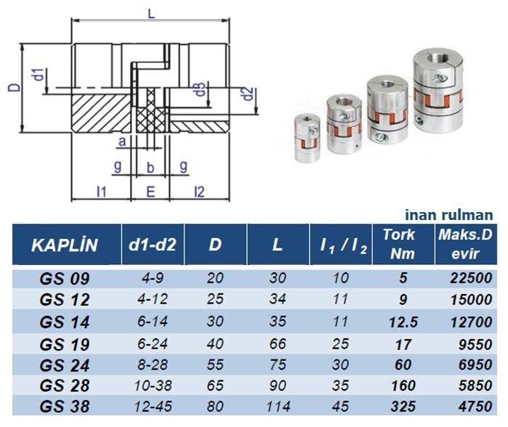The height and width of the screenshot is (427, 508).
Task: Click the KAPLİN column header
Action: click(x=64, y=245)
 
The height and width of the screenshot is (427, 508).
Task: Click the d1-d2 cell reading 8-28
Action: click(x=151, y=362)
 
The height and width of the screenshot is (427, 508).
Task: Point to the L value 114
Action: click(x=277, y=405)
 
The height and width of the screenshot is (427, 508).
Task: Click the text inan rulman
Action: click(x=449, y=215)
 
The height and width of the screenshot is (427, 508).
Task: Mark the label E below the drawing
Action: click(x=150, y=192)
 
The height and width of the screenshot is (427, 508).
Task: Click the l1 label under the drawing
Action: click(x=101, y=192)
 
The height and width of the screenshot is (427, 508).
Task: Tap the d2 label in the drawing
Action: click(x=249, y=94)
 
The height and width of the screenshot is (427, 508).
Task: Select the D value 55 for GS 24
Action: click(x=214, y=362)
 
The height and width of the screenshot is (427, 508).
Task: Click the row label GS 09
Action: click(x=65, y=278)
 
